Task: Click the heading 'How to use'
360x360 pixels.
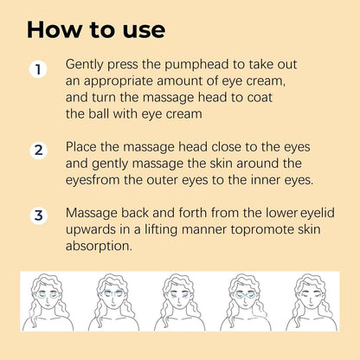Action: tap(95, 29)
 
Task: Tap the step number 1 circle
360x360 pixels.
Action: tap(37, 69)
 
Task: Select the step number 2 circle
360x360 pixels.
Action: tap(37, 151)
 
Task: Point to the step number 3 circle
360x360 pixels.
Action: tap(37, 216)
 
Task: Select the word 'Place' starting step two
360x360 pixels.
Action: tap(83, 147)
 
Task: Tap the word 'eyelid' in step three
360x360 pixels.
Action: tap(319, 213)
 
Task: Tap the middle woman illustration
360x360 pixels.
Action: tap(180, 302)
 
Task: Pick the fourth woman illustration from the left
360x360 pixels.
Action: tap(246, 302)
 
